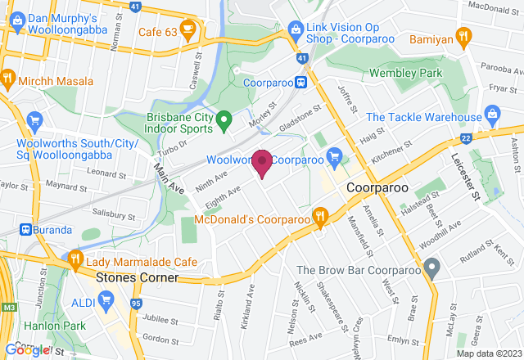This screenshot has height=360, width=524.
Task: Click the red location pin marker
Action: (x=262, y=162)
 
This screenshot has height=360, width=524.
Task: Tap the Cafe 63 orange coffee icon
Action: (x=187, y=30)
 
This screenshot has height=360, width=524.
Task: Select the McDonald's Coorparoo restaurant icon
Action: (x=320, y=218)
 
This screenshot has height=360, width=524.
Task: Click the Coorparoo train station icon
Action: (x=301, y=82)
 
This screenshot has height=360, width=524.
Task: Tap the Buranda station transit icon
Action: (x=26, y=230)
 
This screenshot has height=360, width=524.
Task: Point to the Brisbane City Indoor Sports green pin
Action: (x=228, y=120)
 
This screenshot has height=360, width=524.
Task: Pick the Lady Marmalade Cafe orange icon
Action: (x=75, y=260)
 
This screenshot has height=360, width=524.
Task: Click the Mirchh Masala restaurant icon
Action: (x=8, y=79)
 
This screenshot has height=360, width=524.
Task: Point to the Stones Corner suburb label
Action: (x=137, y=277)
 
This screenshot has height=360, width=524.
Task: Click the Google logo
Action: (x=28, y=350)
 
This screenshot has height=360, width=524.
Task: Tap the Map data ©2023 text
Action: (x=489, y=353)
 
